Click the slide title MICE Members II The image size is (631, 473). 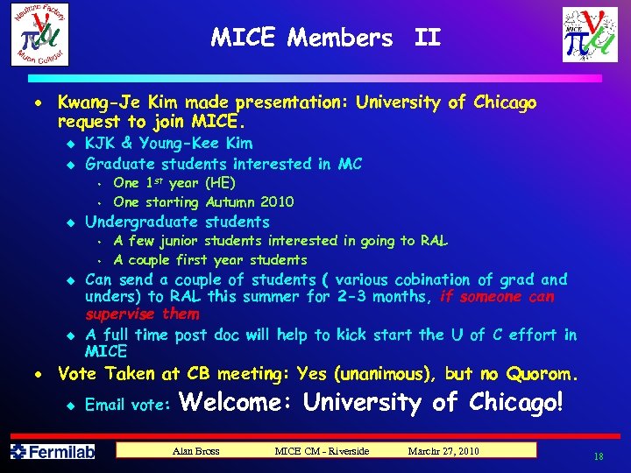(326, 38)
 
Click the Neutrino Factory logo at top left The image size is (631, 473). (39, 34)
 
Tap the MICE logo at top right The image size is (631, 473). (596, 35)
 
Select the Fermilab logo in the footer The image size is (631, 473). (52, 452)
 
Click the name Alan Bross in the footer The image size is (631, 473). (197, 451)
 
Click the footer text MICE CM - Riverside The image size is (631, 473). (322, 451)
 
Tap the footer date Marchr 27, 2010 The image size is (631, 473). (443, 451)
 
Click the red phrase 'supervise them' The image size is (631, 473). (142, 314)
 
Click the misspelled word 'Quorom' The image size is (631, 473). (539, 375)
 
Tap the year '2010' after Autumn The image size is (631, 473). (276, 201)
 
